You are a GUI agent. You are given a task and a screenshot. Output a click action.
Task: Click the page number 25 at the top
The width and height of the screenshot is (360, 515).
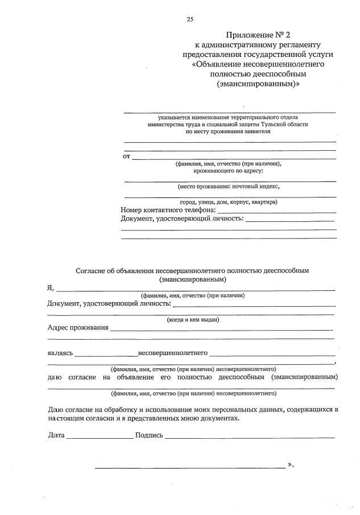click(x=190, y=19)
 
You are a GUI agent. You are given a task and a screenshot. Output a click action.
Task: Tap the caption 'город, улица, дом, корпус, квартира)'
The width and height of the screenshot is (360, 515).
click(x=228, y=202)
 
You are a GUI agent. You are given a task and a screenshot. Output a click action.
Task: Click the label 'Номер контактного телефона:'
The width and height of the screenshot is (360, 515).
click(x=168, y=210)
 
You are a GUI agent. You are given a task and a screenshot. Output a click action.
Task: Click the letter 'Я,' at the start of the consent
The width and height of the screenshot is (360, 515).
click(x=51, y=288)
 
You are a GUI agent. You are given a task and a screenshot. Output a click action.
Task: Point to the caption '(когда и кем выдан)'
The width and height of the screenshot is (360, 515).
click(x=193, y=320)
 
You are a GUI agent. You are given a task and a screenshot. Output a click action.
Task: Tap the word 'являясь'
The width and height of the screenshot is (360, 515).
click(x=60, y=353)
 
